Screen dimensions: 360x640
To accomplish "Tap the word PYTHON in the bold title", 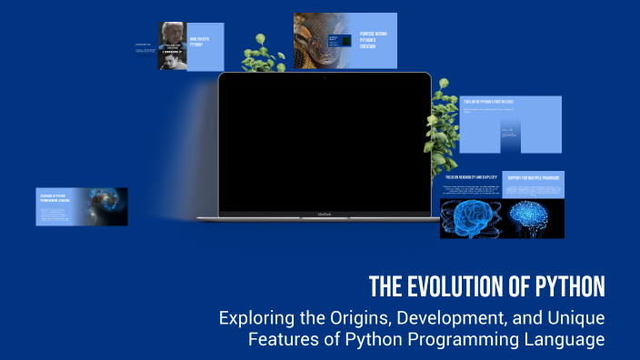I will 565,286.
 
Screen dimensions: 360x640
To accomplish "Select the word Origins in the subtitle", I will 355,319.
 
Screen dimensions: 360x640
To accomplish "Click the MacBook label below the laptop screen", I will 325,215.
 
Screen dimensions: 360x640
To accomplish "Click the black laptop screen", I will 325,145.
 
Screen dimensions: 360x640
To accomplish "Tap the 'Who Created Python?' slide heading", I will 201,41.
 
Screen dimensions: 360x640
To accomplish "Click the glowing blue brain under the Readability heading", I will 469,219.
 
